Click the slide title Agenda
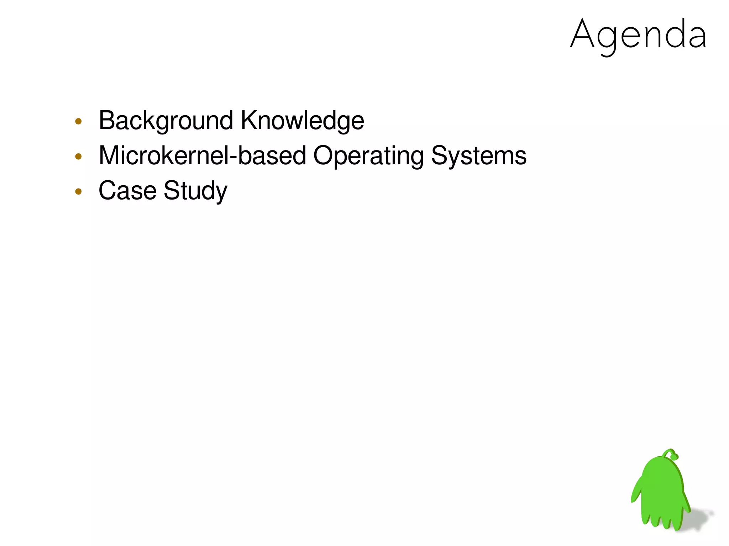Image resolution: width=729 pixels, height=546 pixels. (638, 35)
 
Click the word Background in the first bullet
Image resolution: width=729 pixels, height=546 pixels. (166, 121)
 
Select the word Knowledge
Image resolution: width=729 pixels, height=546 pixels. (302, 121)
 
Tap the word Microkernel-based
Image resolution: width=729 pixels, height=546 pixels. (202, 155)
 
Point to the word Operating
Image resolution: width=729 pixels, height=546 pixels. (368, 155)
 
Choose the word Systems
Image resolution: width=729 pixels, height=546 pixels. (479, 155)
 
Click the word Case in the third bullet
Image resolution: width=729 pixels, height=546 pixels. (127, 190)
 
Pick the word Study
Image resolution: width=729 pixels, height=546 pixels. (195, 191)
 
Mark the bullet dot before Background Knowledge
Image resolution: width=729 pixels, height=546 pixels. (79, 122)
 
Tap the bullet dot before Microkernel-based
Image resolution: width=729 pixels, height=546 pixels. (79, 157)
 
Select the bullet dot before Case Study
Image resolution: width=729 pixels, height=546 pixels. (79, 192)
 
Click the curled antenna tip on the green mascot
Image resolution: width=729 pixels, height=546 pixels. (673, 456)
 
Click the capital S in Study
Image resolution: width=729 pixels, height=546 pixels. (171, 190)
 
